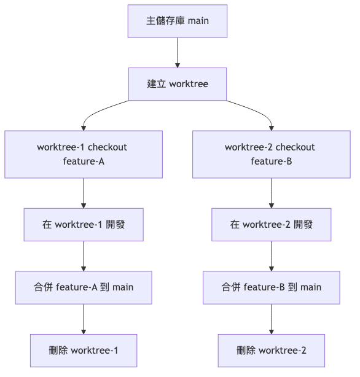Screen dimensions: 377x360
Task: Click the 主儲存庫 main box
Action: pyautogui.click(x=177, y=21)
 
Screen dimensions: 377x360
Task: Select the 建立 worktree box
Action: pyautogui.click(x=177, y=84)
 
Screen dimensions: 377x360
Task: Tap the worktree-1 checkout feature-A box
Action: pyautogui.click(x=84, y=154)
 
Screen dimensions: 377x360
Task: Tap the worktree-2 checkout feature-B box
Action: pyautogui.click(x=271, y=154)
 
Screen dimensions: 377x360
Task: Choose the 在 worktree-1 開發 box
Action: pyautogui.click(x=84, y=225)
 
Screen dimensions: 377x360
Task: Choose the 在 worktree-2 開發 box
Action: pyautogui.click(x=271, y=225)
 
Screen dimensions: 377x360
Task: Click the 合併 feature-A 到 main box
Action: pyautogui.click(x=84, y=287)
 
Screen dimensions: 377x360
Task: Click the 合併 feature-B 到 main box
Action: pyautogui.click(x=271, y=287)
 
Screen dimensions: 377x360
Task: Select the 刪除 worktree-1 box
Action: pyautogui.click(x=84, y=351)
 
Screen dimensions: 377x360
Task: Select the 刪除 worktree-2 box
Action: pyautogui.click(x=271, y=351)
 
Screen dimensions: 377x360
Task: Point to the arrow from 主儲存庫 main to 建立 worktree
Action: pyautogui.click(x=177, y=52)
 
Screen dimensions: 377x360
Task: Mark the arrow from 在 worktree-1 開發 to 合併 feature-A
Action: pyautogui.click(x=84, y=256)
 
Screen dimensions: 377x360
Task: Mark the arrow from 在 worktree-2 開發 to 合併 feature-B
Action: pyautogui.click(x=271, y=256)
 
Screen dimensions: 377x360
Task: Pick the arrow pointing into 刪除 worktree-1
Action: pyautogui.click(x=84, y=319)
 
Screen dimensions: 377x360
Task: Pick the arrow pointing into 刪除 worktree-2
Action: pyautogui.click(x=271, y=319)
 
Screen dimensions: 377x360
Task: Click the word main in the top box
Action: pyautogui.click(x=198, y=21)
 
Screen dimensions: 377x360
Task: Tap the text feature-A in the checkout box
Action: pyautogui.click(x=84, y=161)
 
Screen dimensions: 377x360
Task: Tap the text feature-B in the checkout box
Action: pyautogui.click(x=271, y=161)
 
